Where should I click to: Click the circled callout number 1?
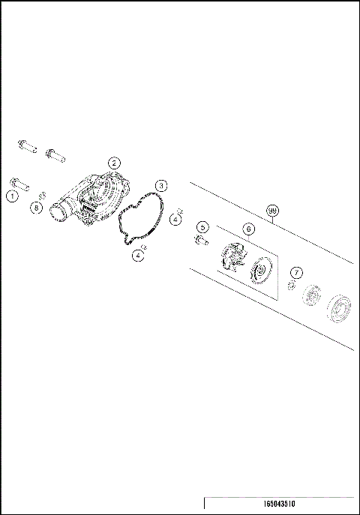(11, 196)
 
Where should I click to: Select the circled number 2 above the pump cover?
(114, 163)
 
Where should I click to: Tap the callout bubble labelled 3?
(162, 185)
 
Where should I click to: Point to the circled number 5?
(202, 227)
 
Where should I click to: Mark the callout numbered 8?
(36, 208)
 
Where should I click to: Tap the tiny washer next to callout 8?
(44, 196)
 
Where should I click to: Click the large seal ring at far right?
(341, 310)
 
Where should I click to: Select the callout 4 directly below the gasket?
(139, 256)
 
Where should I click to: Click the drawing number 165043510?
(280, 505)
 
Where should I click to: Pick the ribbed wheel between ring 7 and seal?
(312, 298)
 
